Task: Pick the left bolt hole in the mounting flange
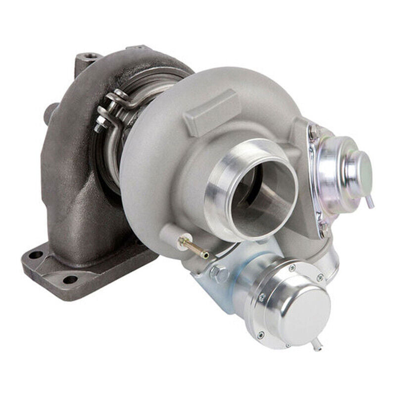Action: pyautogui.click(x=36, y=255)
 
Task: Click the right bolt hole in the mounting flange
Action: pyautogui.click(x=70, y=280)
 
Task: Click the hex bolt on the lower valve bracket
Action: pyautogui.click(x=220, y=274)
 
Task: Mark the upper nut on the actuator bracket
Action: pyautogui.click(x=313, y=132)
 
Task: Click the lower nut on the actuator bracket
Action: pyautogui.click(x=323, y=229)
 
